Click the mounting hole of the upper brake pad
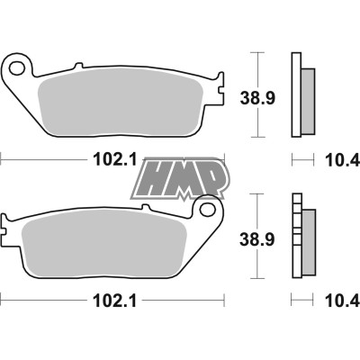(x=16, y=67)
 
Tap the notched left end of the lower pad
(x=11, y=234)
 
